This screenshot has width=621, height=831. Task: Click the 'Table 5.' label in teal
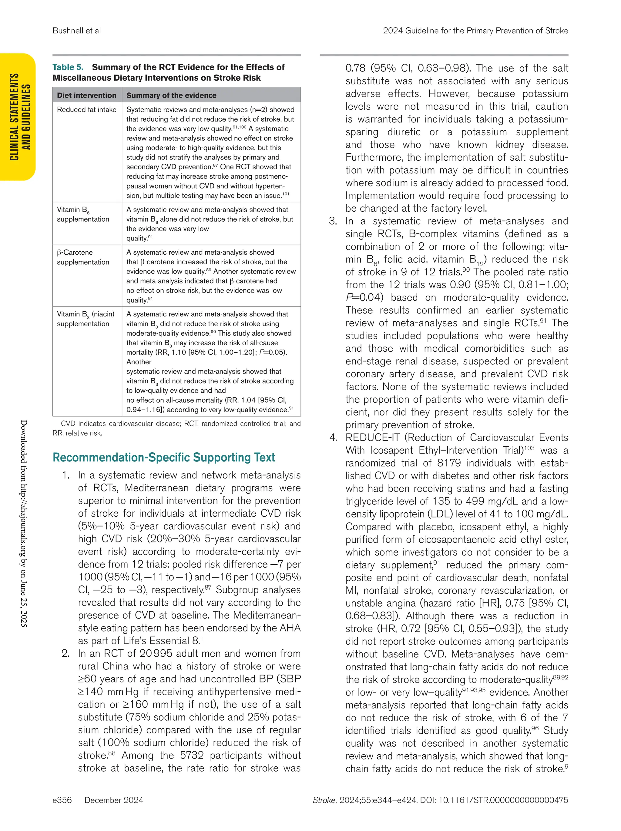[68, 67]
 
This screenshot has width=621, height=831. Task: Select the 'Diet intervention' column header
[86, 95]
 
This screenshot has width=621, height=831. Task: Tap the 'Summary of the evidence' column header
[171, 95]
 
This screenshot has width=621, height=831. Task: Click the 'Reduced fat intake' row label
[86, 110]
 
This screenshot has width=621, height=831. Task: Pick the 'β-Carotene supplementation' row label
[83, 257]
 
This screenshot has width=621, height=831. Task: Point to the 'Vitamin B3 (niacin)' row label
[85, 314]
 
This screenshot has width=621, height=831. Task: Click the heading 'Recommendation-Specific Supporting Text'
[164, 457]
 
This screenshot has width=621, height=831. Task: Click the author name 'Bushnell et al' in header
[77, 31]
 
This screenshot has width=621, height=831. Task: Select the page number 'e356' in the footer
[62, 800]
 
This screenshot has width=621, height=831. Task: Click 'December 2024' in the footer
[114, 800]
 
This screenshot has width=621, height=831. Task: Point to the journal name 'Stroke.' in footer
[324, 800]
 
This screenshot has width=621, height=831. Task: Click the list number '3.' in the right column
[333, 221]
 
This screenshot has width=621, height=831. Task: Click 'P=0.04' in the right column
[364, 297]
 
